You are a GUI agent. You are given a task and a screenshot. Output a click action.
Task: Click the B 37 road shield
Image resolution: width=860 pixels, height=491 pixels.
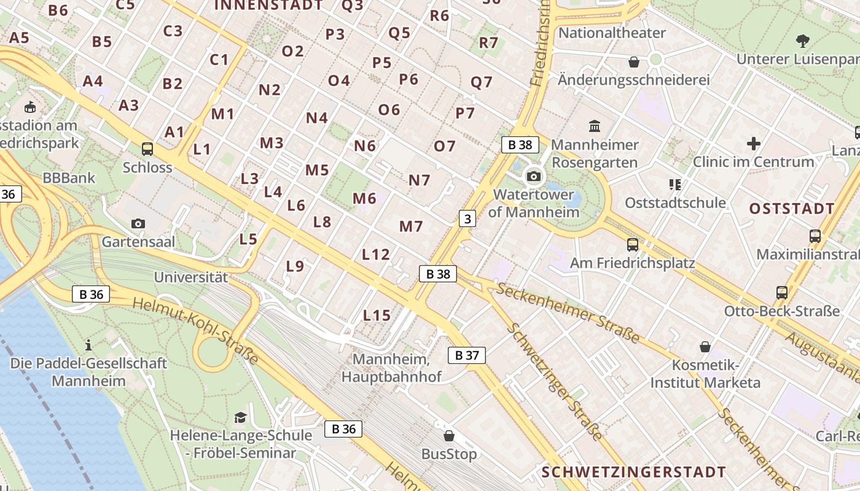(x=467, y=355)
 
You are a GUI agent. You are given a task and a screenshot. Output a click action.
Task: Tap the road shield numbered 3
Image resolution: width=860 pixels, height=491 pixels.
(x=467, y=218)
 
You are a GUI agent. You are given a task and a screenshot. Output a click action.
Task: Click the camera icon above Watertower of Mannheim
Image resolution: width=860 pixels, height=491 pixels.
(x=533, y=177)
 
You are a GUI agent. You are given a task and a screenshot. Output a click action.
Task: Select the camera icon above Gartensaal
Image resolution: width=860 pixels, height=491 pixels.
(x=138, y=223)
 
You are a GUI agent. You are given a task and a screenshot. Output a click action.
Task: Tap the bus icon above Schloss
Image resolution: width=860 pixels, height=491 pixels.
(x=147, y=149)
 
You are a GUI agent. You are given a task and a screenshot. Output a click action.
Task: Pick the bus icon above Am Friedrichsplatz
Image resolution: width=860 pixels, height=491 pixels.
(x=632, y=245)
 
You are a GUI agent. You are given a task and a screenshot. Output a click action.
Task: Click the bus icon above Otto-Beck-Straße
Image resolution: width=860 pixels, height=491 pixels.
(x=781, y=293)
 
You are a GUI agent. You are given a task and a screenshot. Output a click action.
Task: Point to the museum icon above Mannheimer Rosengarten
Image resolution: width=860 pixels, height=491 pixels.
(x=595, y=126)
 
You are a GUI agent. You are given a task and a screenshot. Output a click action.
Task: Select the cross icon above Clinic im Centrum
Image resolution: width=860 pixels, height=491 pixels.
(x=753, y=144)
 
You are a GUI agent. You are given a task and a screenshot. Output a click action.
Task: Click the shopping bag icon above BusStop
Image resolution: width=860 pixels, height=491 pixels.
(x=449, y=436)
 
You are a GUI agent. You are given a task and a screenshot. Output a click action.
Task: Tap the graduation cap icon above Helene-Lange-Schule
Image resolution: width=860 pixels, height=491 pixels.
(x=240, y=417)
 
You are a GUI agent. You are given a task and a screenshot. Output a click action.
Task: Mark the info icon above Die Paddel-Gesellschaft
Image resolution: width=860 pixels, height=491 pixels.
(x=88, y=345)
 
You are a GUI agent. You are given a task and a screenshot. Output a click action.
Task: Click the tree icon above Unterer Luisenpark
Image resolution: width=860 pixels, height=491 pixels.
(x=802, y=41)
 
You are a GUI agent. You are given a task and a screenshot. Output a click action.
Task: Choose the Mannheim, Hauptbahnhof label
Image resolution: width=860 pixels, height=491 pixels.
(x=391, y=368)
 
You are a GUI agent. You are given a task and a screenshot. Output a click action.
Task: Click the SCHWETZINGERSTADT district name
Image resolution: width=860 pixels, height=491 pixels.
(x=633, y=472)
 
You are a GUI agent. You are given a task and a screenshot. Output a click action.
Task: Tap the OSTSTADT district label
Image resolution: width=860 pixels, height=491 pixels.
(x=792, y=209)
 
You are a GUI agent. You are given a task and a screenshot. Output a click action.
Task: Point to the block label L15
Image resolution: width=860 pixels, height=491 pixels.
(x=377, y=315)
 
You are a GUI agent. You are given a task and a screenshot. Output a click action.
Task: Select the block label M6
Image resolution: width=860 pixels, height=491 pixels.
(x=364, y=198)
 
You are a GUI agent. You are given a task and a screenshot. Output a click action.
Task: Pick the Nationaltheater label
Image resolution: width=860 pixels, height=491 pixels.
(x=612, y=33)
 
